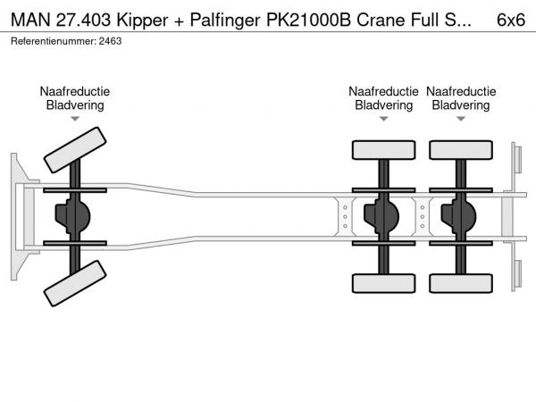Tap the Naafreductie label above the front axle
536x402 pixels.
tap(75, 91)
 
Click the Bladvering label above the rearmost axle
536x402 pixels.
tap(461, 105)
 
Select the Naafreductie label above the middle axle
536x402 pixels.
tap(384, 91)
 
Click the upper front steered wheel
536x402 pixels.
tap(75, 148)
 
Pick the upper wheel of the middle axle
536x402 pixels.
tap(384, 149)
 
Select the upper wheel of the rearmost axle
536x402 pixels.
tap(461, 149)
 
